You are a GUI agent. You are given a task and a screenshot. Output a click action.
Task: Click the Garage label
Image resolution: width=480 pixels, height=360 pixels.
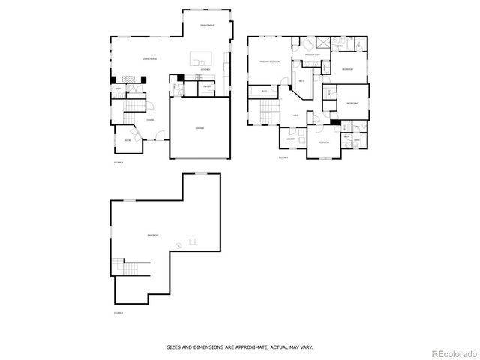click(x=199, y=128)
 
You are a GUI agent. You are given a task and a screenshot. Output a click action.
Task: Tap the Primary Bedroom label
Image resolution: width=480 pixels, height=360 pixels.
click(x=270, y=61)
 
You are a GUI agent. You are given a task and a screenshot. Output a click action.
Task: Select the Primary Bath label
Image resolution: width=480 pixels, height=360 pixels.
click(x=313, y=55)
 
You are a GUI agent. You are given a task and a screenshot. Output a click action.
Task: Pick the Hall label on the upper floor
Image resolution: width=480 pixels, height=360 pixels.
click(x=296, y=115)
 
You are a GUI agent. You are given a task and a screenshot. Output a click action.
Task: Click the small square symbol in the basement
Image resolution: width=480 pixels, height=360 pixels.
click(x=192, y=241)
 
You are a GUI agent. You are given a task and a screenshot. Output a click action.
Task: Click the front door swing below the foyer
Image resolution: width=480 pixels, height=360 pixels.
click(x=158, y=136)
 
